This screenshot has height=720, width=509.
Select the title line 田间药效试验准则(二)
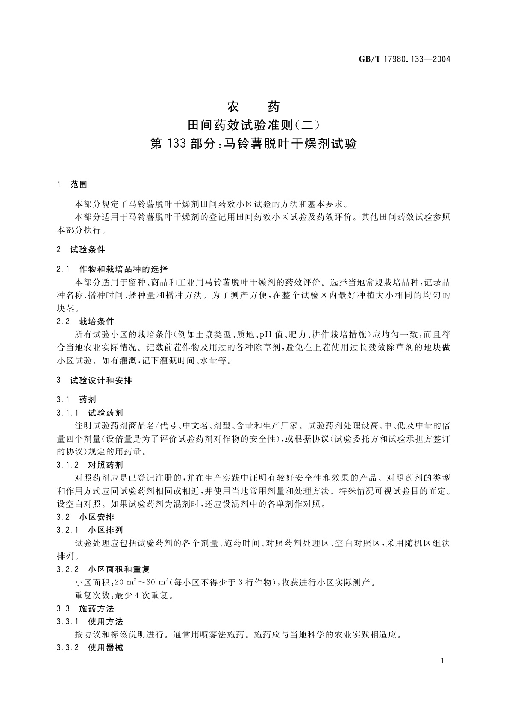pos(253,125)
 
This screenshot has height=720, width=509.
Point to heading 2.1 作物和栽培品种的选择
pos(112,269)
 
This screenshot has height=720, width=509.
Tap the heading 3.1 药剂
pos(76,400)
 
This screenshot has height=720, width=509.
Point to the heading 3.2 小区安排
pos(85,517)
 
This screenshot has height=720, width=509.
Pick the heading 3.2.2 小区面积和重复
pos(103,569)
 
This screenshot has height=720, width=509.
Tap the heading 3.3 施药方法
pos(85,608)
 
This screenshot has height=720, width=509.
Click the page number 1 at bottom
pos(442,661)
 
